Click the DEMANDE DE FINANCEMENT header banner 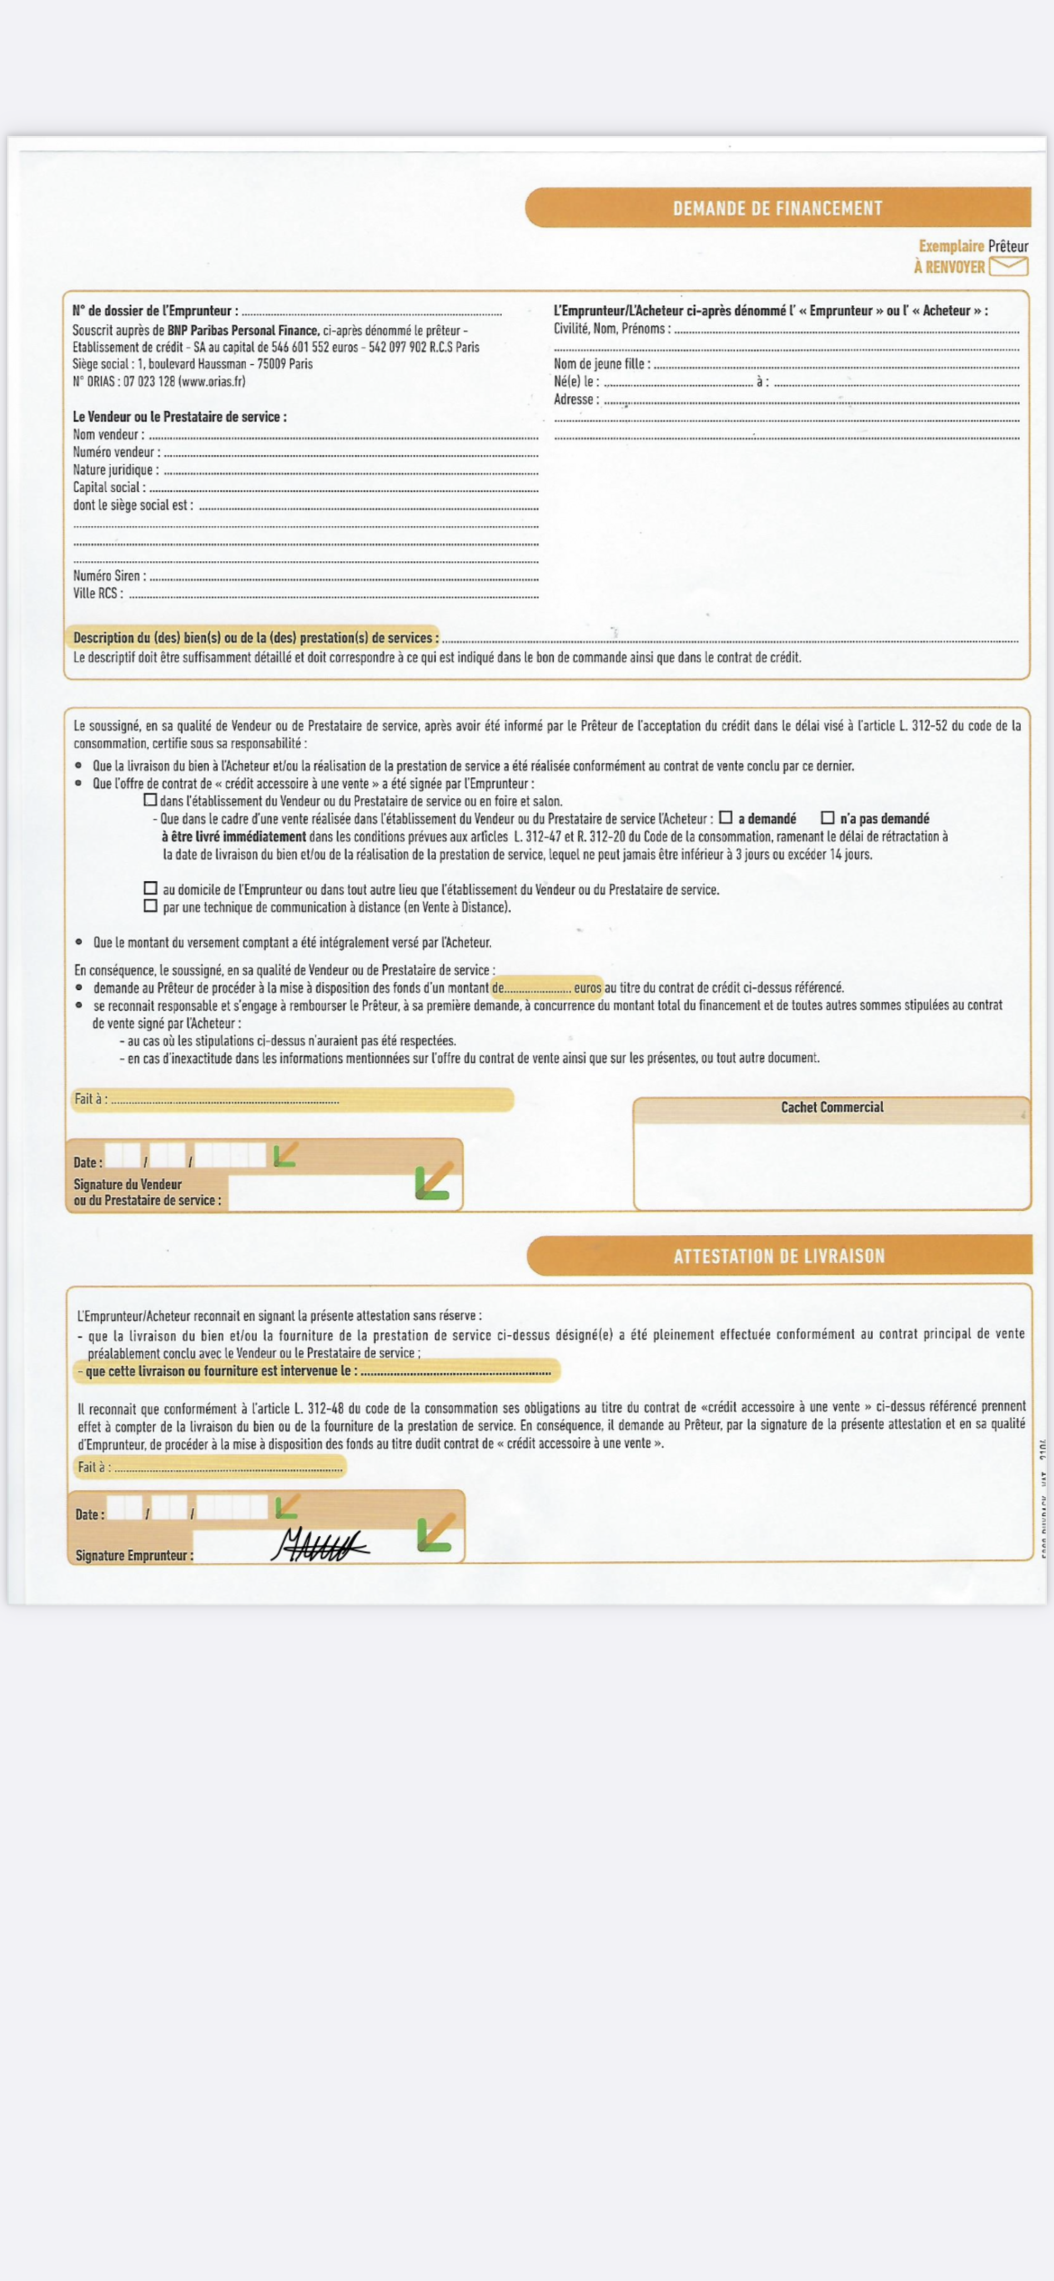(x=778, y=208)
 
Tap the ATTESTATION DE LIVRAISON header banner (x=778, y=1255)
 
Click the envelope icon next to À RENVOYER (x=1008, y=266)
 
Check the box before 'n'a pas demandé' (x=827, y=817)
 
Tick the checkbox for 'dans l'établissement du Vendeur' (x=151, y=800)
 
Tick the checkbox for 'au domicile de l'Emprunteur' (x=151, y=888)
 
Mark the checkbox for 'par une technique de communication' (x=151, y=906)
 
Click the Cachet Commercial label (x=832, y=1107)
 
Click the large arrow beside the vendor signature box (x=434, y=1181)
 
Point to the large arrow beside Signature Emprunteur (x=436, y=1533)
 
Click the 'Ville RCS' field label (x=97, y=593)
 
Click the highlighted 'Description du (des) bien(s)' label (x=255, y=638)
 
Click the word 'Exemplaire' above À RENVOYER (x=950, y=246)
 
